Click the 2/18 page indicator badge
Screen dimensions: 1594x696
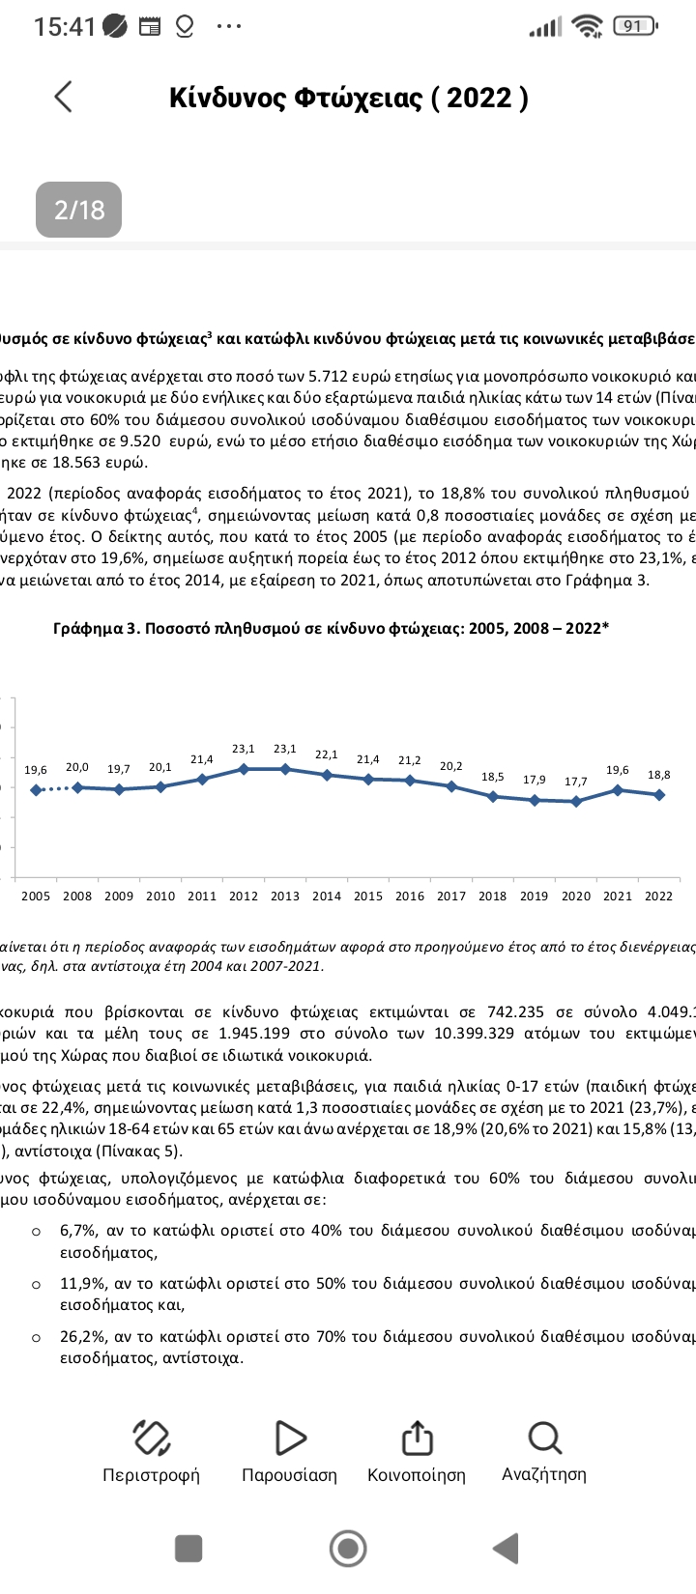pos(78,210)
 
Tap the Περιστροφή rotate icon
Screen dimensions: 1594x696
pos(151,1438)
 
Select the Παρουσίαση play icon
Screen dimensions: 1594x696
pos(289,1438)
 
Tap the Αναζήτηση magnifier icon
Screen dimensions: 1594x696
pos(544,1438)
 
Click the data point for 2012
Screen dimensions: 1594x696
pos(244,769)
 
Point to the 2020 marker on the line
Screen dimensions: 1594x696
pos(576,801)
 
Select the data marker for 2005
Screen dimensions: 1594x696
pos(36,790)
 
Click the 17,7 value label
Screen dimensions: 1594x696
pos(576,782)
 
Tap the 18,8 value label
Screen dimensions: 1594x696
pos(659,775)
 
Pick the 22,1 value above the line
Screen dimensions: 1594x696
pos(327,754)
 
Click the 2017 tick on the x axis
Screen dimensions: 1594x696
pos(451,896)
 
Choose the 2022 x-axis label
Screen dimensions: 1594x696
pos(658,896)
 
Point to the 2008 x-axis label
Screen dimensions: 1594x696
pos(77,896)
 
